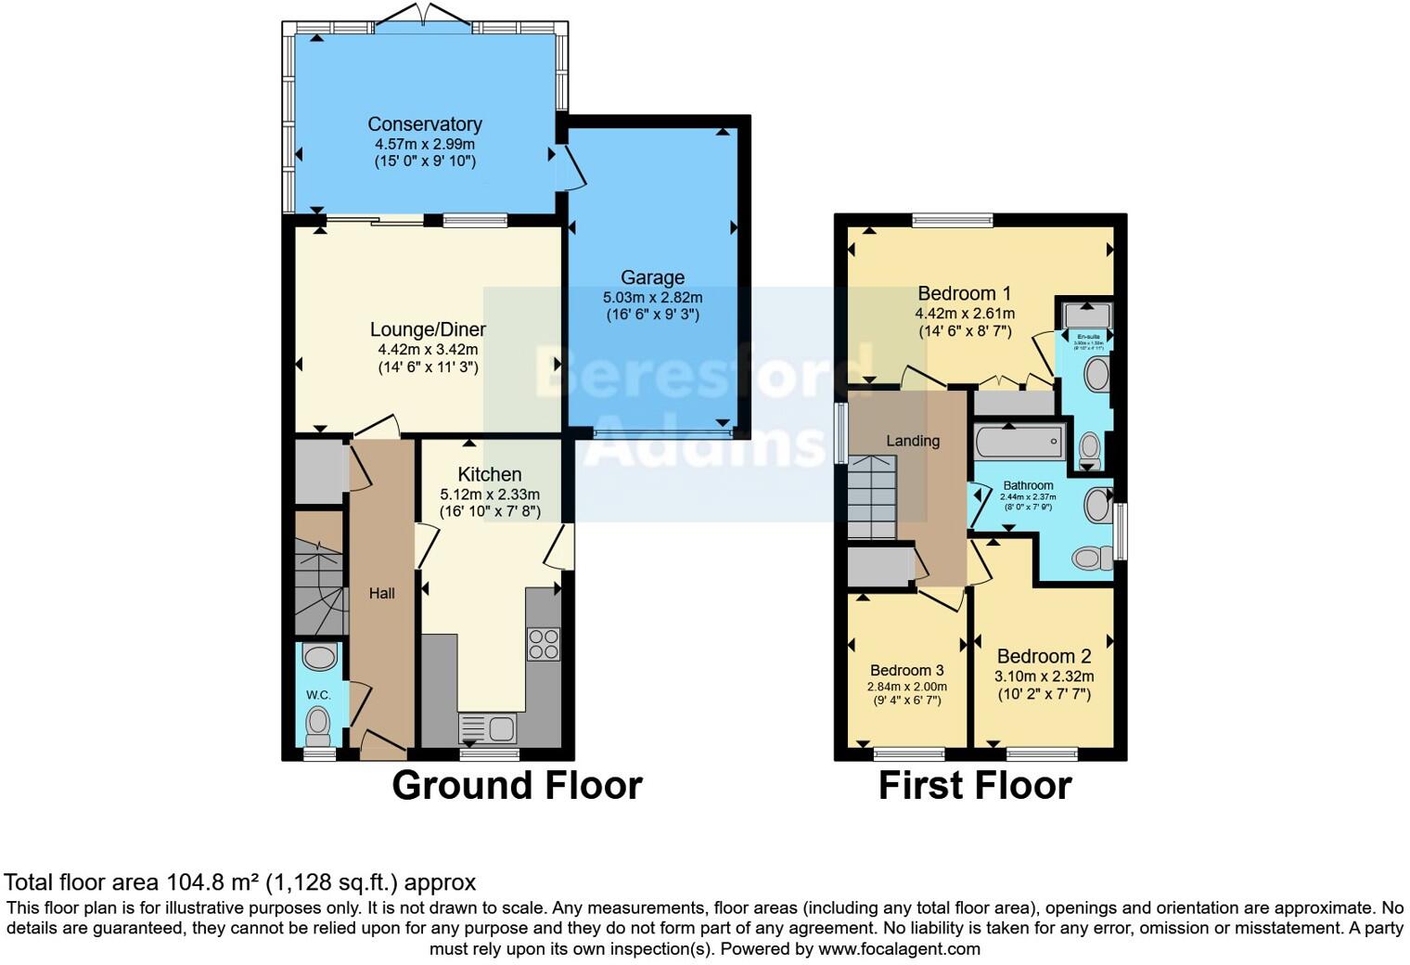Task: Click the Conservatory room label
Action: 424,124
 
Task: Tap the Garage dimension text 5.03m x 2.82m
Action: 652,298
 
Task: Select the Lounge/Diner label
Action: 428,329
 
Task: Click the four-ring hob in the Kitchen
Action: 544,644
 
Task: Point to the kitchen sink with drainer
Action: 488,728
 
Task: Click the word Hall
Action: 381,594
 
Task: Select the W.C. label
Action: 318,695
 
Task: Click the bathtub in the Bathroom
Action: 1019,443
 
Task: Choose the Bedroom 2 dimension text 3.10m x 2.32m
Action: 1044,676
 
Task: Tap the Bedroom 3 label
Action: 906,670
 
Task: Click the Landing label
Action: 912,441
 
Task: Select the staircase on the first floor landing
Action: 871,496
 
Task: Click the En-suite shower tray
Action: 1086,315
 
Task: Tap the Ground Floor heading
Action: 517,786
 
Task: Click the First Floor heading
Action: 974,786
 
